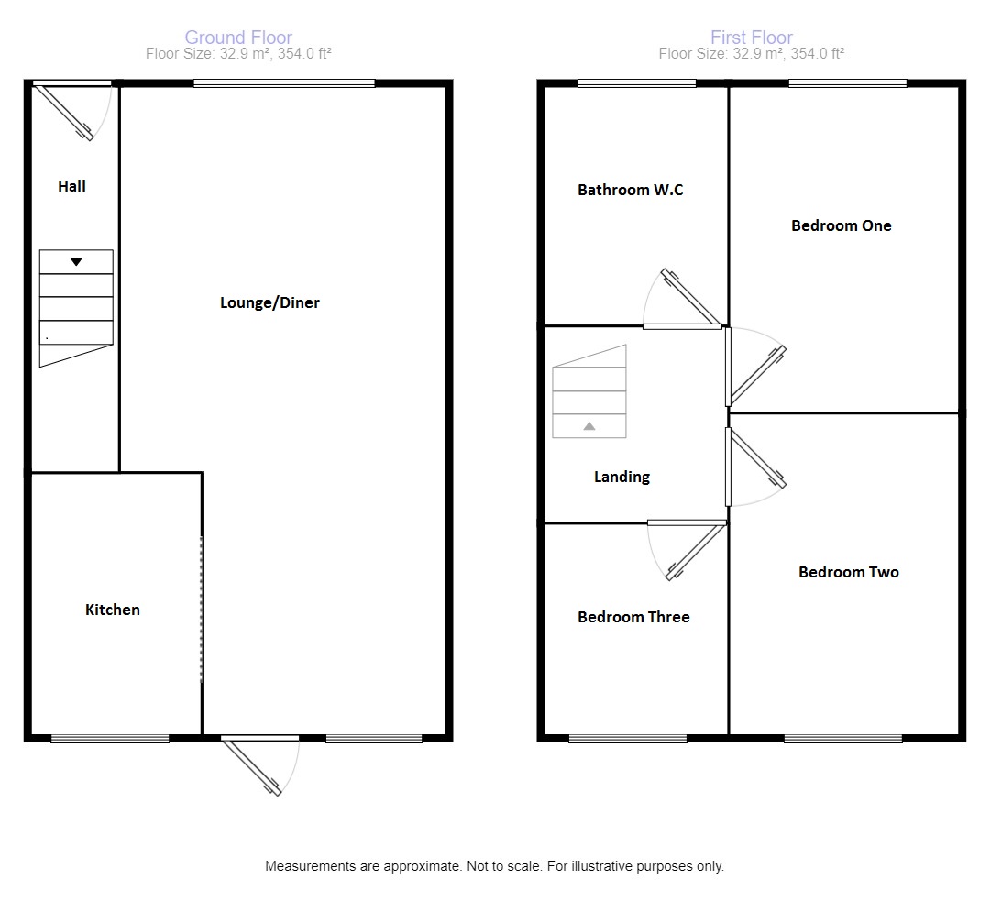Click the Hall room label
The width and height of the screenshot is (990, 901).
pyautogui.click(x=72, y=186)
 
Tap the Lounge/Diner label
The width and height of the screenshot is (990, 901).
pyautogui.click(x=269, y=302)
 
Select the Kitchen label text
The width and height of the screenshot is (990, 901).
pyautogui.click(x=113, y=610)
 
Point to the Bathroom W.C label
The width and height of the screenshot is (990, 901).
pyautogui.click(x=630, y=190)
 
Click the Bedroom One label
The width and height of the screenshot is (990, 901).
pyautogui.click(x=841, y=225)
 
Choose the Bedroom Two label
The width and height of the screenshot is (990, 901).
pyautogui.click(x=849, y=572)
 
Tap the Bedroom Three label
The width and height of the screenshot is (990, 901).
pyautogui.click(x=633, y=617)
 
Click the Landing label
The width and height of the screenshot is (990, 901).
pyautogui.click(x=621, y=477)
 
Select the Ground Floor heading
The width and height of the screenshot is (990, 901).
pyautogui.click(x=238, y=38)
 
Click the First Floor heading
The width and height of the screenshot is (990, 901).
pyautogui.click(x=752, y=38)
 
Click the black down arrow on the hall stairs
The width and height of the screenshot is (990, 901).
pyautogui.click(x=76, y=261)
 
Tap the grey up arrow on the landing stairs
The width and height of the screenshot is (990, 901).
pyautogui.click(x=589, y=426)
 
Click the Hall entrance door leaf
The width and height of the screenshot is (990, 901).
pyautogui.click(x=64, y=113)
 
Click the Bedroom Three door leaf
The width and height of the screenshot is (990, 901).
pyautogui.click(x=696, y=552)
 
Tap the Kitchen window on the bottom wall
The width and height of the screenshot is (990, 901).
pyautogui.click(x=110, y=738)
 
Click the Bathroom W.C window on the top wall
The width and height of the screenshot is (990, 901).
pyautogui.click(x=637, y=83)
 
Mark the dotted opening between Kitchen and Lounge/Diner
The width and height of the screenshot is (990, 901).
pyautogui.click(x=202, y=610)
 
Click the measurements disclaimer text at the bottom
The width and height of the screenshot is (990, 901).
pyautogui.click(x=494, y=866)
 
